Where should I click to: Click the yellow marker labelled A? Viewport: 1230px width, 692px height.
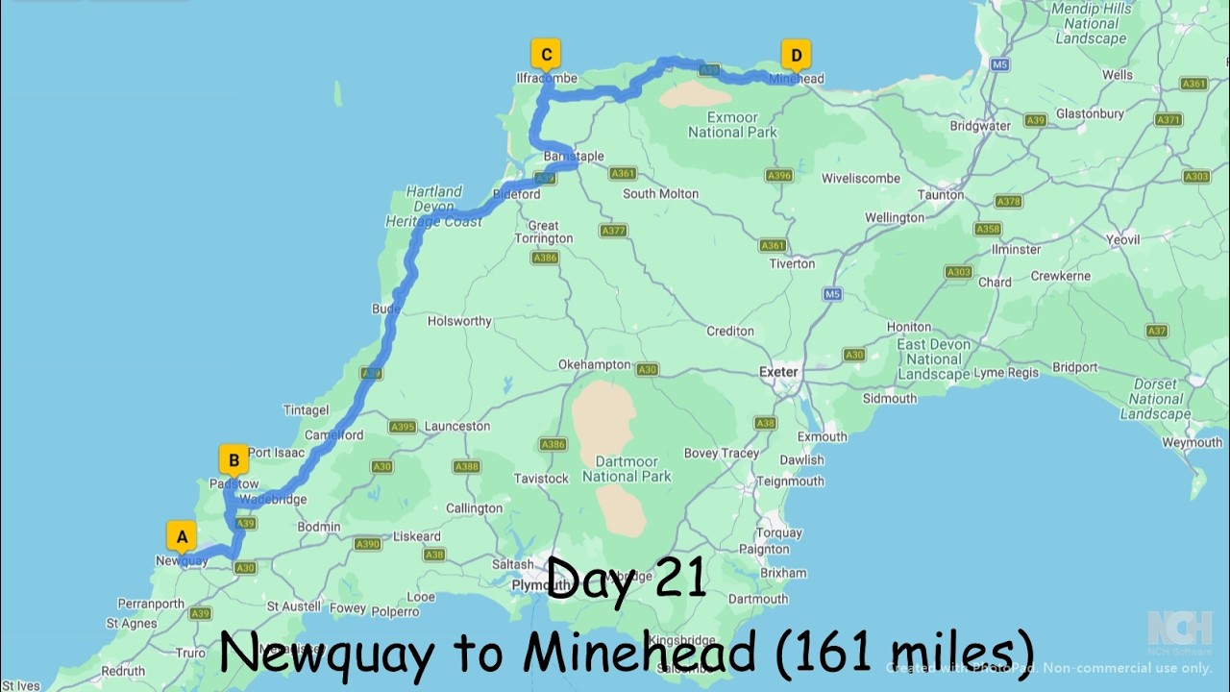pyautogui.click(x=182, y=536)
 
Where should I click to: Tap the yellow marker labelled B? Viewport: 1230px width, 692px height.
pyautogui.click(x=234, y=460)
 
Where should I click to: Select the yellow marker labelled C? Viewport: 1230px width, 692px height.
pyautogui.click(x=546, y=55)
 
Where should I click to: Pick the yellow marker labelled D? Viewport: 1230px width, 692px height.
pyautogui.click(x=796, y=55)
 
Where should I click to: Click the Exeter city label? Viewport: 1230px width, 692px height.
pyautogui.click(x=778, y=372)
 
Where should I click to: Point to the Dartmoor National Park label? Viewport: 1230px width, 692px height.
pyautogui.click(x=627, y=468)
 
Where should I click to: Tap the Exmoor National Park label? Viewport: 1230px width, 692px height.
pyautogui.click(x=732, y=125)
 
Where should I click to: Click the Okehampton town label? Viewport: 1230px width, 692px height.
pyautogui.click(x=595, y=365)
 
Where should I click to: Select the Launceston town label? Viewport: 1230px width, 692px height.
pyautogui.click(x=457, y=426)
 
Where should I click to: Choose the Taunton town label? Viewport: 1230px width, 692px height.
pyautogui.click(x=941, y=194)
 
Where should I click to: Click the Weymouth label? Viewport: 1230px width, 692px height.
pyautogui.click(x=1192, y=443)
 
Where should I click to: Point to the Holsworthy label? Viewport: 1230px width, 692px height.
pyautogui.click(x=459, y=321)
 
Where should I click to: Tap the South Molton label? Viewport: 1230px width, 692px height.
pyautogui.click(x=660, y=193)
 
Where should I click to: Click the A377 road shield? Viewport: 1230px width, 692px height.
pyautogui.click(x=613, y=231)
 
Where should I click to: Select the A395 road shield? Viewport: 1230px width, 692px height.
pyautogui.click(x=402, y=427)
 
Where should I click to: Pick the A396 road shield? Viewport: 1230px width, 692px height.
pyautogui.click(x=778, y=176)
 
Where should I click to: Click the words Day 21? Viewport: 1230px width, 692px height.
pyautogui.click(x=627, y=580)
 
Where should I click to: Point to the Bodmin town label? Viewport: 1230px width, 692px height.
pyautogui.click(x=319, y=527)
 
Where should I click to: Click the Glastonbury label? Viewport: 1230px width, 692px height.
pyautogui.click(x=1090, y=113)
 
